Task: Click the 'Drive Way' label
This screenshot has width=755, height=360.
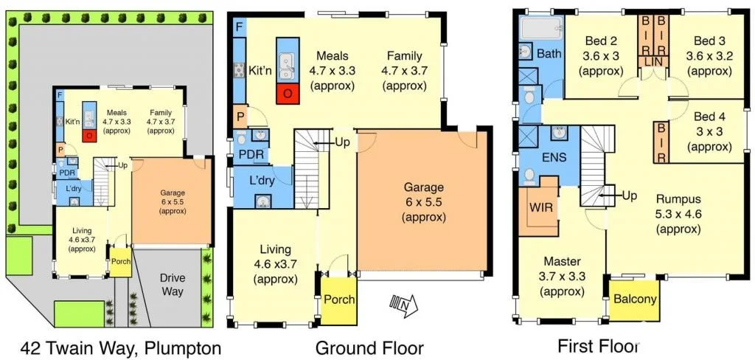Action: click(x=173, y=285)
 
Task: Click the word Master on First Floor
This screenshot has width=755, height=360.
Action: click(x=563, y=261)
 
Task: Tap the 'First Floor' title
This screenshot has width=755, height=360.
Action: click(x=596, y=345)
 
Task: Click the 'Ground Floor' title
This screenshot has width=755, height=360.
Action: click(x=369, y=347)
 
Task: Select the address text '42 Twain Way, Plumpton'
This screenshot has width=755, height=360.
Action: click(x=110, y=347)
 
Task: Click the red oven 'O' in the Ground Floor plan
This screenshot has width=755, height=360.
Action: click(x=286, y=94)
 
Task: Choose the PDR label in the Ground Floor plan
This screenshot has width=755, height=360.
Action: click(x=246, y=153)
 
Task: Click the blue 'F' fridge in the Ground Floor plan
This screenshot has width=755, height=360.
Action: click(x=239, y=26)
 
